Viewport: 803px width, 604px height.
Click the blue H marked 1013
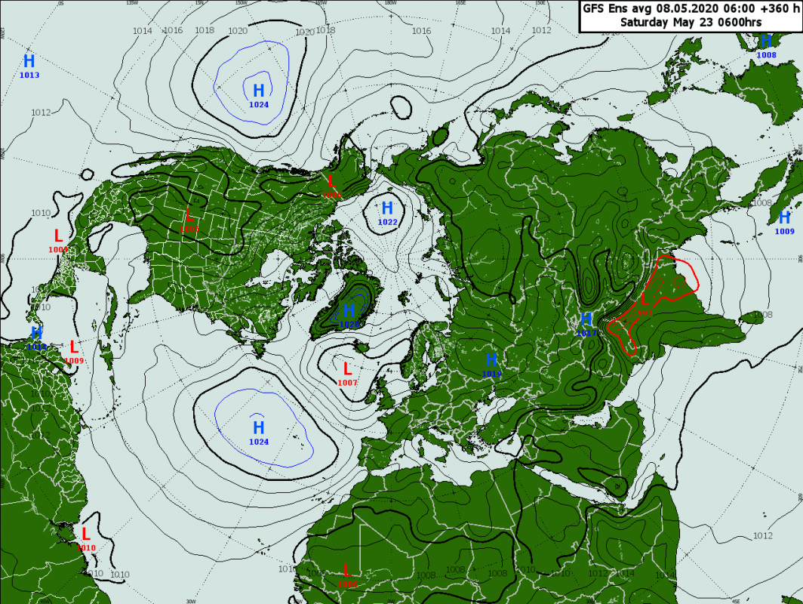tap(29, 62)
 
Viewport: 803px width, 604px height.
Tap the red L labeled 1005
tap(188, 214)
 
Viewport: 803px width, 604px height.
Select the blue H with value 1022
tap(387, 208)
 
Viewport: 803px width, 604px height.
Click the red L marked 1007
tap(347, 369)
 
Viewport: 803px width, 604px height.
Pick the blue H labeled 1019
tap(491, 360)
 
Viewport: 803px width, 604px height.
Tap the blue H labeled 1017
tap(586, 319)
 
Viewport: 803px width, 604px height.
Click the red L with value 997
tap(644, 300)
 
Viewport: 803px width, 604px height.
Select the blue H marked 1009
tap(785, 217)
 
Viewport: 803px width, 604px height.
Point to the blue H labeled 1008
tap(766, 42)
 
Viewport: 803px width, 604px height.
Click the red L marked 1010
tap(86, 535)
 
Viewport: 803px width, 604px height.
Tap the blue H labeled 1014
tap(36, 333)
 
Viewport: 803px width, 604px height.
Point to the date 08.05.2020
tap(685, 9)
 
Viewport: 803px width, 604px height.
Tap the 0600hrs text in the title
tap(737, 23)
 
